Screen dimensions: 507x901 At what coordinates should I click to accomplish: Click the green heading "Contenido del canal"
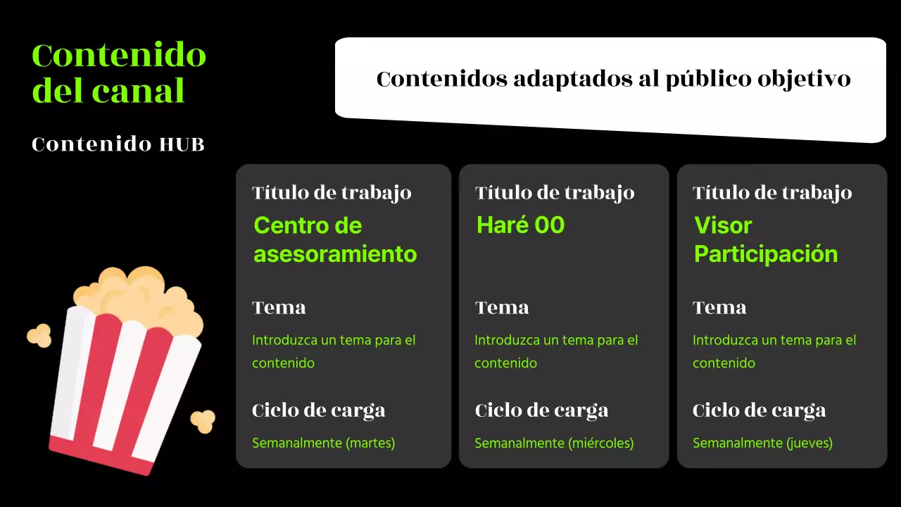coord(118,73)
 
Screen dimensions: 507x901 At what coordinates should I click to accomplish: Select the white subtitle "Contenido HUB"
coord(118,144)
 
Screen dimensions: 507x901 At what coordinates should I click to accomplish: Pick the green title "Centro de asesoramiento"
coord(335,239)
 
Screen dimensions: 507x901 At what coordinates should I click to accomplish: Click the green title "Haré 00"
coord(520,225)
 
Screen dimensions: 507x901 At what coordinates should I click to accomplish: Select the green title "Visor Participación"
coord(766,239)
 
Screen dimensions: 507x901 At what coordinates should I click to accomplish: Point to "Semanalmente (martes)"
coord(324,443)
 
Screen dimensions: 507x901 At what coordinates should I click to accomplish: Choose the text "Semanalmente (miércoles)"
coord(554,443)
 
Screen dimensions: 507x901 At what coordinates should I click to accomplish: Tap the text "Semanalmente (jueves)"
coord(762,443)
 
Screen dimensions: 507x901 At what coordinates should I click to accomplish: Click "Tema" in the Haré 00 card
coord(501,308)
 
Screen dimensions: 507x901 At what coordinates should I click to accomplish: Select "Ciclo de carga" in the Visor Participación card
coord(759,411)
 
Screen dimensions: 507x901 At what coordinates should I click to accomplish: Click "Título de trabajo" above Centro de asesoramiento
coord(332,193)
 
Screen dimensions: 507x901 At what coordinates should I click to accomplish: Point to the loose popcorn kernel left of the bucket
coord(39,335)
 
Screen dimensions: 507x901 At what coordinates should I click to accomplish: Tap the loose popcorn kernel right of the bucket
coord(203,420)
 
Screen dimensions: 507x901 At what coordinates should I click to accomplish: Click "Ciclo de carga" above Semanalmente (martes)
coord(318,411)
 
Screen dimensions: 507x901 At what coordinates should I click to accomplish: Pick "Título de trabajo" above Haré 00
coord(555,193)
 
